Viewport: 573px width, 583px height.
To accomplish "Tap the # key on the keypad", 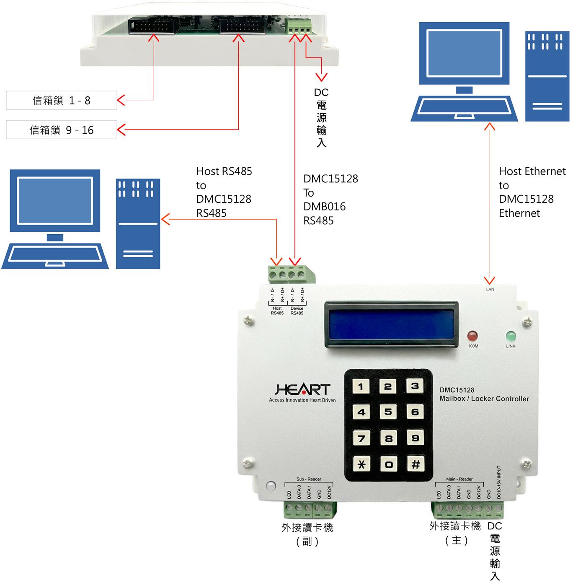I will (416, 464).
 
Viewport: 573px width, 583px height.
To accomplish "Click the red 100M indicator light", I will (472, 336).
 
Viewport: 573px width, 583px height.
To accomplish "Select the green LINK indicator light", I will (511, 336).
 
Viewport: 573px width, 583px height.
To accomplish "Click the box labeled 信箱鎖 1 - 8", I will (62, 101).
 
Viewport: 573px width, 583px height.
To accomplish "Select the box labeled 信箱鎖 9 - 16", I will (62, 130).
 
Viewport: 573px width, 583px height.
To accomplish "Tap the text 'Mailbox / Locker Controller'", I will (484, 399).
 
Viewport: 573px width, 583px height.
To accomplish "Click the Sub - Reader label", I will (309, 479).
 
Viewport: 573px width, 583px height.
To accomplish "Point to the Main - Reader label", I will (459, 479).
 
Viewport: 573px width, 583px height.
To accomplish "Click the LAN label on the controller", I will (490, 289).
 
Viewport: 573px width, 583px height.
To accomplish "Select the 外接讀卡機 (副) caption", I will (307, 534).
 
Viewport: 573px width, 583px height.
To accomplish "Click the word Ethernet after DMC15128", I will (519, 213).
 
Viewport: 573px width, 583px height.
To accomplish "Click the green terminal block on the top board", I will (299, 26).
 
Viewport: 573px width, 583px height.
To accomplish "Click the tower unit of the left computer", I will (138, 224).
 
